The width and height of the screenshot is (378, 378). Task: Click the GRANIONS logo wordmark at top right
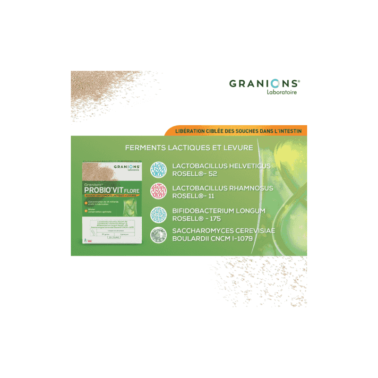point(264,84)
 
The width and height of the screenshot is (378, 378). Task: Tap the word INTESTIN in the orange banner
point(290,130)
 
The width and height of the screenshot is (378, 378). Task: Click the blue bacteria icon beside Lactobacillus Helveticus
point(158,169)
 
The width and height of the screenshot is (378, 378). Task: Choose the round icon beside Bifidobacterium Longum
point(158,215)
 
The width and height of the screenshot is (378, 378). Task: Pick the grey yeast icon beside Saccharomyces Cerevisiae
point(158,234)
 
